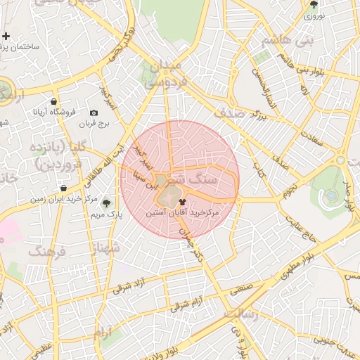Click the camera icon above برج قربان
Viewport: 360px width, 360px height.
click(x=94, y=112)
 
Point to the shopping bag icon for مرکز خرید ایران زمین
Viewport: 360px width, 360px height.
click(x=64, y=188)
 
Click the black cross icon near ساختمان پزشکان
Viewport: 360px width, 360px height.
click(x=6, y=36)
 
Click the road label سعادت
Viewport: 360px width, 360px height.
click(x=306, y=136)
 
